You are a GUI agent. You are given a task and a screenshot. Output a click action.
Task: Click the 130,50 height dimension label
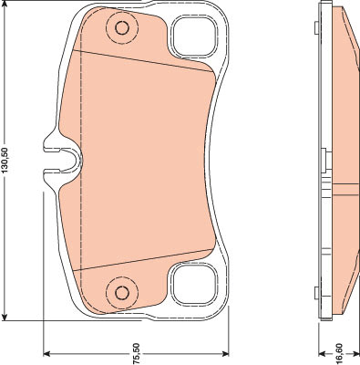[5, 160]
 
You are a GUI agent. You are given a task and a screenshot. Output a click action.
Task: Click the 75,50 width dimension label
[136, 354]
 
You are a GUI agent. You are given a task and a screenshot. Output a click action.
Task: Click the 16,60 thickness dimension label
[339, 354]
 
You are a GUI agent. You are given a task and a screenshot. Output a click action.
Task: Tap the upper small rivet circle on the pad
[122, 28]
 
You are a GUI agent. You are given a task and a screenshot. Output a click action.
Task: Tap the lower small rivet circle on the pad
[122, 293]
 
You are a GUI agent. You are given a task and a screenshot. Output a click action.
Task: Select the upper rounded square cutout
[194, 36]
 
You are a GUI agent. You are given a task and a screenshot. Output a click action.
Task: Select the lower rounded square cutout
[194, 284]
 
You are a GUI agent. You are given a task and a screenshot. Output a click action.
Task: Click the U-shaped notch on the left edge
[62, 160]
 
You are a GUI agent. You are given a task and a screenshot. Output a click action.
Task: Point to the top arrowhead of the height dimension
[5, 5]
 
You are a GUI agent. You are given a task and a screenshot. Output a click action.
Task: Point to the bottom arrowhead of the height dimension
[5, 316]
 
